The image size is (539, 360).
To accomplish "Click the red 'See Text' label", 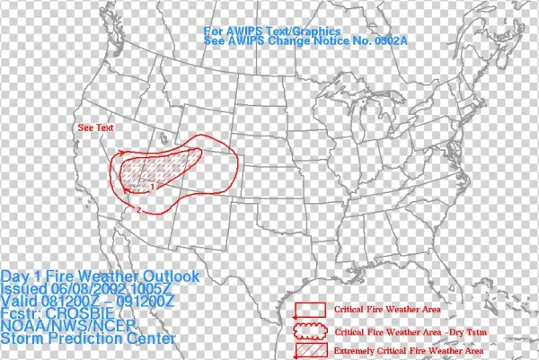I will point(96,127).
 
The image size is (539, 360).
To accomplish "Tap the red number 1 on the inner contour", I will point(154,186).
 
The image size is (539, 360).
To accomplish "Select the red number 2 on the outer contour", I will point(139,209).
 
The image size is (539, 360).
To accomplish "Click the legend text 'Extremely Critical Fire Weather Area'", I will point(409,349).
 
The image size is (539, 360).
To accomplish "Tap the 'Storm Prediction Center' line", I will point(88,339).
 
